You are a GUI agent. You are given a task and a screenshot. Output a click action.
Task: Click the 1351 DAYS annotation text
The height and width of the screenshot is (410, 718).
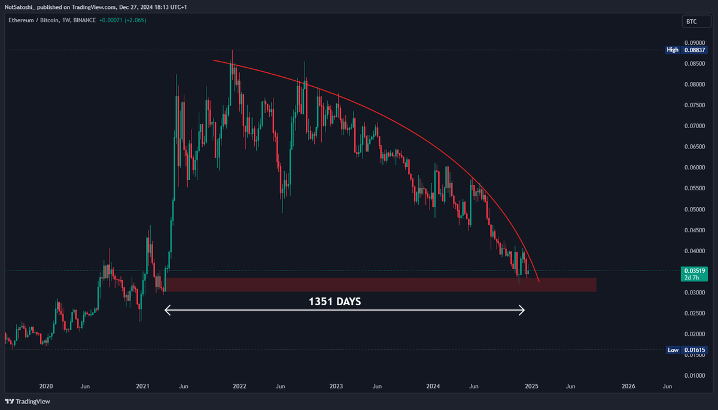[334, 302]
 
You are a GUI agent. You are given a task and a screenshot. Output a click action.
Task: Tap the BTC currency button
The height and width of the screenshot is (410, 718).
[691, 22]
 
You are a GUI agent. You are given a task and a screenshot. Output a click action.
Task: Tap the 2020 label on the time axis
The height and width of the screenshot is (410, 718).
[46, 387]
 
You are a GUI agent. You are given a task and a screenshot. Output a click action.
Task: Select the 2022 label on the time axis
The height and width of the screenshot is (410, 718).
[240, 387]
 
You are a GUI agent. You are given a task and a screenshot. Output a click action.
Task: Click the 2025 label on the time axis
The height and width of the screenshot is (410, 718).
[532, 387]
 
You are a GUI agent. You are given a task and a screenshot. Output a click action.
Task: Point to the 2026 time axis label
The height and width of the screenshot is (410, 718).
[629, 387]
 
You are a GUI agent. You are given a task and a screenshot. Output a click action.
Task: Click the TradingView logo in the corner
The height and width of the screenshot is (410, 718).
[28, 402]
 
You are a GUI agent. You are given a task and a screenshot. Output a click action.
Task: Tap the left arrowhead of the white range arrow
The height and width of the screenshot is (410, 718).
[167, 310]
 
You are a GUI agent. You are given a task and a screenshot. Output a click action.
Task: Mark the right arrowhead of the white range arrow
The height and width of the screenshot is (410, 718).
[522, 310]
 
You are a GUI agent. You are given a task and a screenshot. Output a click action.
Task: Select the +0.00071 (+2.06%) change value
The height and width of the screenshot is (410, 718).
[122, 20]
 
